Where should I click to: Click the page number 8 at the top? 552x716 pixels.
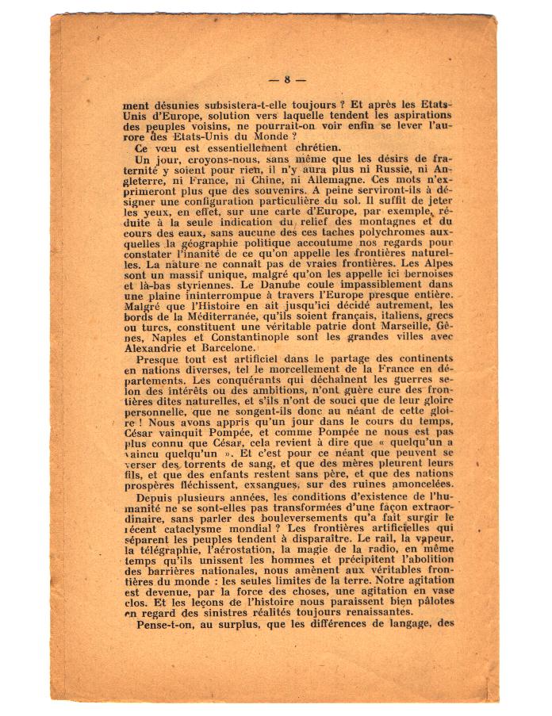click(287, 79)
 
